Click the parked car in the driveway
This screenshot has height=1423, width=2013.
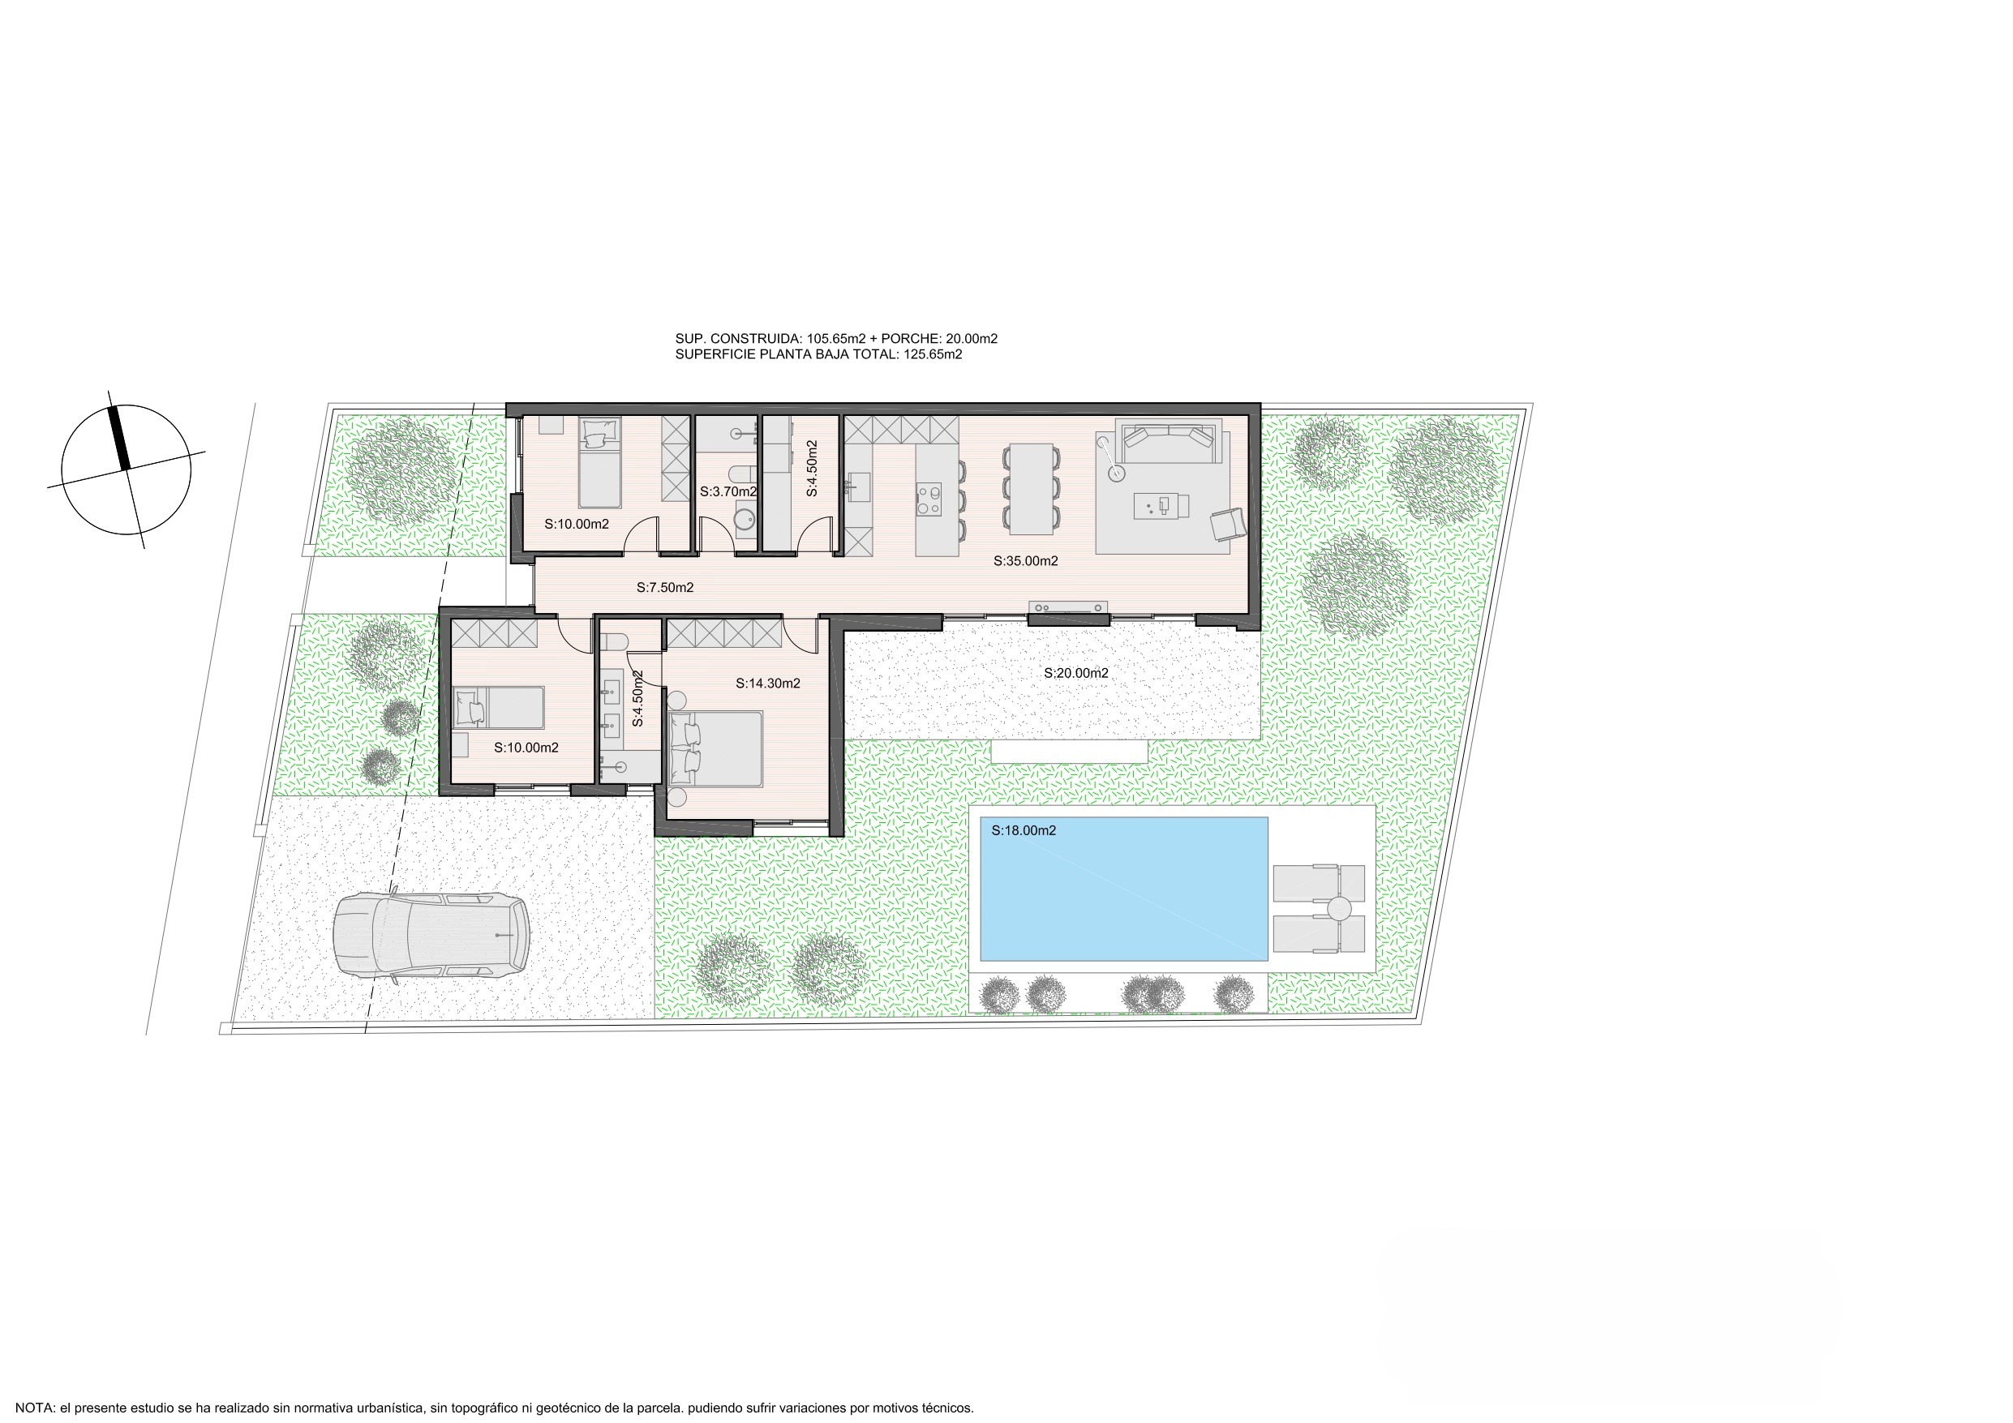(x=431, y=936)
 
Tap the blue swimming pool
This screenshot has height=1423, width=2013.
(x=1123, y=889)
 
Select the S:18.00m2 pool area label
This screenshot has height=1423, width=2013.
(x=1024, y=830)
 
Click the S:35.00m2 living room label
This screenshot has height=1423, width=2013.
(x=1025, y=561)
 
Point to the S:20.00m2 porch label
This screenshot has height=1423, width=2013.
(x=1075, y=673)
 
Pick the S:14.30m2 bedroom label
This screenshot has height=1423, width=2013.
(x=767, y=683)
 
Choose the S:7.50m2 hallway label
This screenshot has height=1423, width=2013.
(x=664, y=587)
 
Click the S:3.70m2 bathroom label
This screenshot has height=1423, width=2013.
(x=728, y=492)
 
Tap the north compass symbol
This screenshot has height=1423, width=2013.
(x=127, y=469)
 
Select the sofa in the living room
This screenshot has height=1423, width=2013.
(x=1169, y=441)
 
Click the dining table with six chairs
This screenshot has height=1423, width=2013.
(x=1030, y=489)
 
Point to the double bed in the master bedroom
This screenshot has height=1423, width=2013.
(x=715, y=748)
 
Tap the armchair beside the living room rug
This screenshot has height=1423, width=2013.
(x=1228, y=524)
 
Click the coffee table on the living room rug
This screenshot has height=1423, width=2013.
(x=1161, y=506)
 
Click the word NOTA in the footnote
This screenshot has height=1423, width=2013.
(x=35, y=1408)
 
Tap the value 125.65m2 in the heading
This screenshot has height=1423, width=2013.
(x=933, y=354)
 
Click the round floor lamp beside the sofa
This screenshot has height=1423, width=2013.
(x=1117, y=474)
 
